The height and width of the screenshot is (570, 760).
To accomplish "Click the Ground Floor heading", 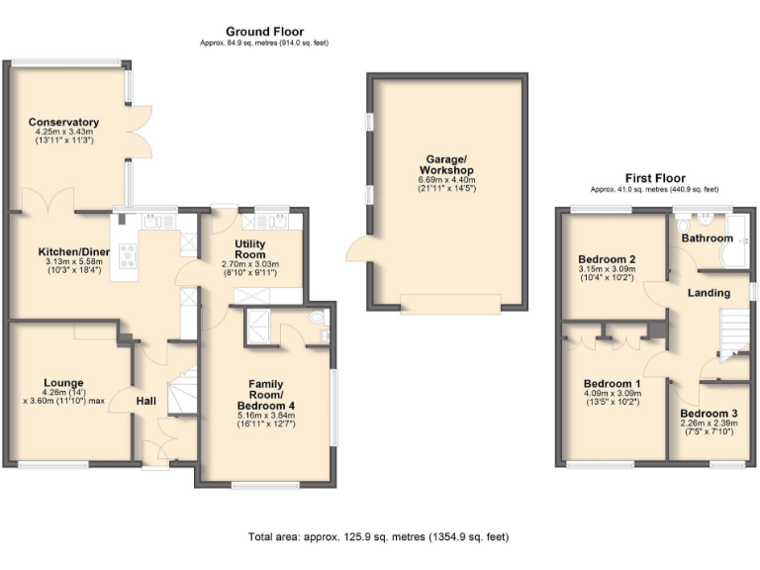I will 264,32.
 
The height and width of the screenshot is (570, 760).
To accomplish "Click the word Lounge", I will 62,382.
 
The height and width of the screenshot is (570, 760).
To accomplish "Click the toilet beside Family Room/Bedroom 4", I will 316,319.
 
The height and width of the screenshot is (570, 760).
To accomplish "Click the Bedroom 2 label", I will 607,260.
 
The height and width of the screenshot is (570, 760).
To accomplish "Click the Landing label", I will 709,293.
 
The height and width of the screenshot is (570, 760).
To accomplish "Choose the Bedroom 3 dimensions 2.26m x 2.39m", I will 709,425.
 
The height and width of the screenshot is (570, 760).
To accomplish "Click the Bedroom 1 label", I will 612,384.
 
